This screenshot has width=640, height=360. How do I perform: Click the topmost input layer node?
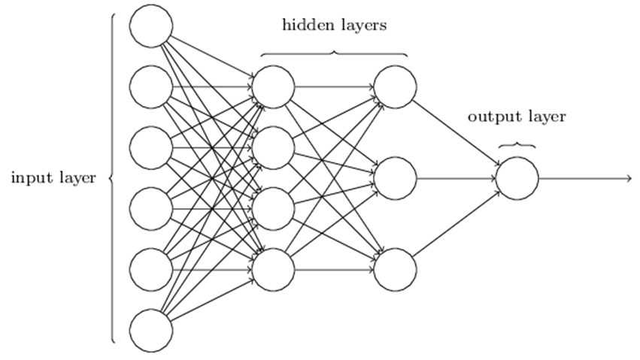[x=151, y=26]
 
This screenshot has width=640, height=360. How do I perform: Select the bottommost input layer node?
[x=151, y=330]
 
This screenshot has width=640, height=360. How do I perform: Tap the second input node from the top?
[x=151, y=87]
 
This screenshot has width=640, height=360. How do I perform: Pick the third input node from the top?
[x=151, y=148]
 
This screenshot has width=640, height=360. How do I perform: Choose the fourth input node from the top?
[x=151, y=209]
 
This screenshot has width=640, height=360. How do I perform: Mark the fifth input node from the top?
[x=151, y=269]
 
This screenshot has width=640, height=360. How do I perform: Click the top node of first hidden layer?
[x=273, y=87]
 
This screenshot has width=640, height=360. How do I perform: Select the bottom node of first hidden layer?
[x=273, y=269]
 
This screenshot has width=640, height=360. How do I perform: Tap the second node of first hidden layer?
[x=273, y=148]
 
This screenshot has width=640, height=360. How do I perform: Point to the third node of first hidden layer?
[x=273, y=209]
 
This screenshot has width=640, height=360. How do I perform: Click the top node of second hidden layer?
[x=395, y=87]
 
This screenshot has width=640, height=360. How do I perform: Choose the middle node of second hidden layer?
[x=395, y=178]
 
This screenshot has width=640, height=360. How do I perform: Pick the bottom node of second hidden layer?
[x=395, y=269]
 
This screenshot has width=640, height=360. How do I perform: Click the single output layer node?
[x=517, y=178]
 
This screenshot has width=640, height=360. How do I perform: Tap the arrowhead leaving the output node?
[x=627, y=178]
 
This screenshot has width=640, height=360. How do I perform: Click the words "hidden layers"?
[x=334, y=26]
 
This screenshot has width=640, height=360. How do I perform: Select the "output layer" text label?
[x=516, y=116]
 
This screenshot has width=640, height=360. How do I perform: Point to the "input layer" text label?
[x=53, y=178]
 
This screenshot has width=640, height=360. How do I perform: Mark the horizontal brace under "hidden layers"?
[x=334, y=53]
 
